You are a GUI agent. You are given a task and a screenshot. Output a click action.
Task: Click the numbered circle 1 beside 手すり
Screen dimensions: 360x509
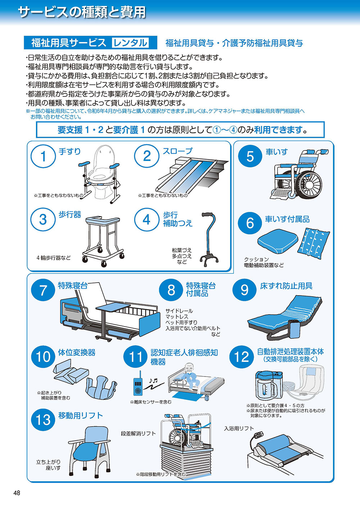pyautogui.click(x=43, y=156)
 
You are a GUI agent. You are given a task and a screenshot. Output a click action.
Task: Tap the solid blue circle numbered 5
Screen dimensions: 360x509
pyautogui.click(x=250, y=156)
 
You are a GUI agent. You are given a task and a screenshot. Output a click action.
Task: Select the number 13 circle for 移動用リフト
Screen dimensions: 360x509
pyautogui.click(x=43, y=419)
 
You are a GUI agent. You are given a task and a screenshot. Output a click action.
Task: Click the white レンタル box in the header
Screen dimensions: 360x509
pyautogui.click(x=130, y=42)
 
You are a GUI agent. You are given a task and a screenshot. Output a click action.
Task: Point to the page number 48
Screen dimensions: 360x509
pyautogui.click(x=17, y=493)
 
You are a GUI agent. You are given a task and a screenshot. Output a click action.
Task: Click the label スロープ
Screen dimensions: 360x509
pyautogui.click(x=177, y=151)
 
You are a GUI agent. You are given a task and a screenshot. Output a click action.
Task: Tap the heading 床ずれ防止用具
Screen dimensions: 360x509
pyautogui.click(x=286, y=286)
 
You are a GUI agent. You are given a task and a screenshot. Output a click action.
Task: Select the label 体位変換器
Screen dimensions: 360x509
pyautogui.click(x=77, y=352)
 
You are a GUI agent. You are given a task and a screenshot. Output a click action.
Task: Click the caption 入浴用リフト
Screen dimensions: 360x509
pyautogui.click(x=239, y=428)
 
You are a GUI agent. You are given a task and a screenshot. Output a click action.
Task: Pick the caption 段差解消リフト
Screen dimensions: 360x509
pyautogui.click(x=138, y=433)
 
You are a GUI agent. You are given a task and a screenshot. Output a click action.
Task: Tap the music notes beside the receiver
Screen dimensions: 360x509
pyautogui.click(x=153, y=380)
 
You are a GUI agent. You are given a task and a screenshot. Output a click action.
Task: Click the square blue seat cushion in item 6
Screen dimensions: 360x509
pyautogui.click(x=278, y=241)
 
